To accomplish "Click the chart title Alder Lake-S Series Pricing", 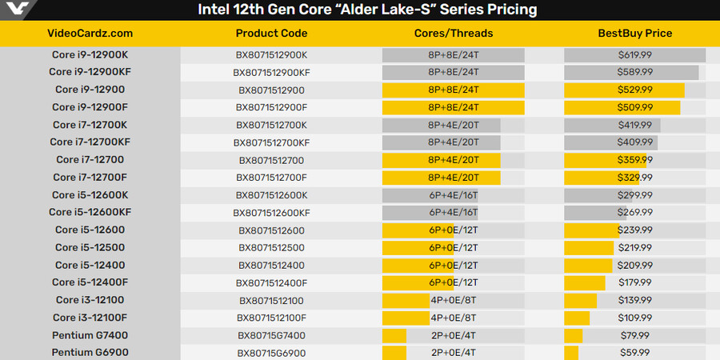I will pyautogui.click(x=367, y=10).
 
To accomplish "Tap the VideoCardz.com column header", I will pyautogui.click(x=90, y=34).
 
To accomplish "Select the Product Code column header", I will pyautogui.click(x=271, y=34).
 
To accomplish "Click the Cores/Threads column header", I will pyautogui.click(x=454, y=34).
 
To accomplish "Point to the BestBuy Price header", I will pyautogui.click(x=635, y=34).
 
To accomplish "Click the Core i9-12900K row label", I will pyautogui.click(x=90, y=54).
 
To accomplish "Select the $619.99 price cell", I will pyautogui.click(x=635, y=54).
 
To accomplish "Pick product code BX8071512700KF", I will pyautogui.click(x=271, y=142).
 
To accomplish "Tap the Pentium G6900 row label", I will pyautogui.click(x=90, y=353).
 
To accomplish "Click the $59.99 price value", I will pyautogui.click(x=635, y=353).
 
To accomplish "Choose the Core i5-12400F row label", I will pyautogui.click(x=90, y=282).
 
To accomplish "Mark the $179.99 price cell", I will pyautogui.click(x=635, y=282).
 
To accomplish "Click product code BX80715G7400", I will pyautogui.click(x=271, y=335).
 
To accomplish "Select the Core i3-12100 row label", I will pyautogui.click(x=90, y=300).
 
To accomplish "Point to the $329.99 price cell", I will pyautogui.click(x=635, y=177).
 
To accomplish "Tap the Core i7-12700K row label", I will pyautogui.click(x=90, y=125).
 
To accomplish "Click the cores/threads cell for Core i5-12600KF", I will pyautogui.click(x=454, y=213).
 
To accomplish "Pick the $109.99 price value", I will pyautogui.click(x=635, y=318).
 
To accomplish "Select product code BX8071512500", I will pyautogui.click(x=271, y=247).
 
